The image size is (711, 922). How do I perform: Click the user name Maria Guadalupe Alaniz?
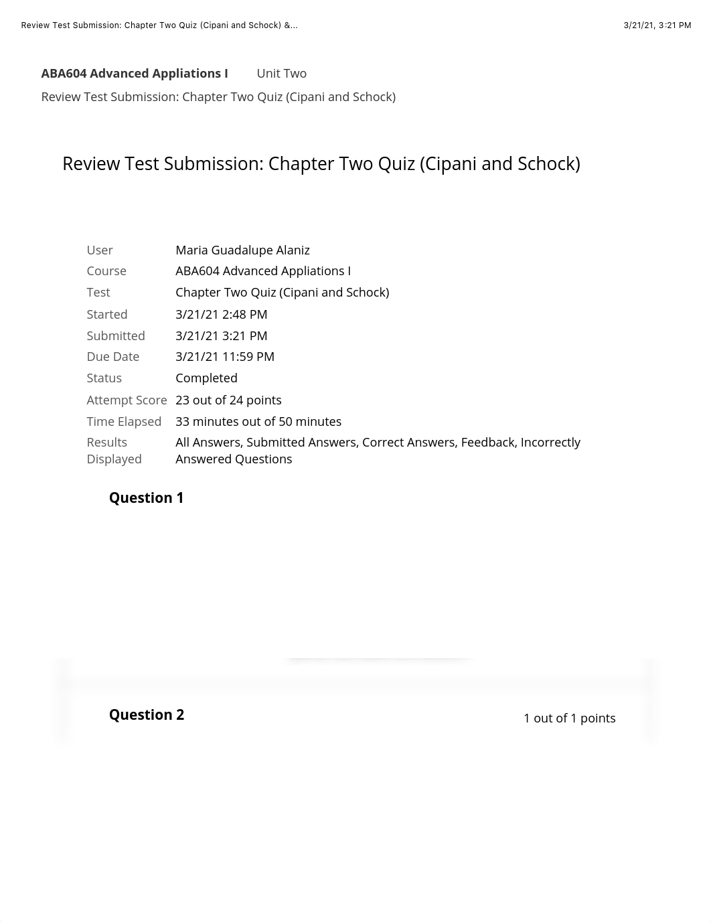(x=242, y=250)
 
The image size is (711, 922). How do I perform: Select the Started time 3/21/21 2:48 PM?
(x=221, y=314)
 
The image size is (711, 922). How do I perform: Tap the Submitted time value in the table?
(x=221, y=335)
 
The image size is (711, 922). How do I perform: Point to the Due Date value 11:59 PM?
(x=225, y=356)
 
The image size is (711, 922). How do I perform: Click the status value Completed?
(x=206, y=378)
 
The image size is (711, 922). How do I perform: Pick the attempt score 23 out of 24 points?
(x=228, y=400)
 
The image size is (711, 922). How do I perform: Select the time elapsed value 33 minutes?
(x=258, y=421)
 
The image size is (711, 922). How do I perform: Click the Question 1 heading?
(x=146, y=497)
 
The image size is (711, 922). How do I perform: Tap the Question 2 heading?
(x=146, y=714)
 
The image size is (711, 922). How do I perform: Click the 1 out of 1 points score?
(x=569, y=718)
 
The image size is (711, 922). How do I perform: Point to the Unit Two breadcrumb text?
(x=281, y=73)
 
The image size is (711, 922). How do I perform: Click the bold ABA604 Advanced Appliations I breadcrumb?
(x=135, y=73)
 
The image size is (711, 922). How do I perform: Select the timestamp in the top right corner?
(x=657, y=25)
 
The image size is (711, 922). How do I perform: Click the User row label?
(x=100, y=250)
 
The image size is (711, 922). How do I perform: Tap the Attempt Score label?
(x=127, y=400)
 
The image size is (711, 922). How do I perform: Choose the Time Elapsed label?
(x=124, y=421)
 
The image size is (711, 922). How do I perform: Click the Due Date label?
(x=112, y=356)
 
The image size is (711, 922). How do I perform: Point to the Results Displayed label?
(x=114, y=451)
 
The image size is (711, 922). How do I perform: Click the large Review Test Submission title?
(x=321, y=163)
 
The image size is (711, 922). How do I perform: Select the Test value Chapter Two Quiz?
(x=282, y=292)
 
